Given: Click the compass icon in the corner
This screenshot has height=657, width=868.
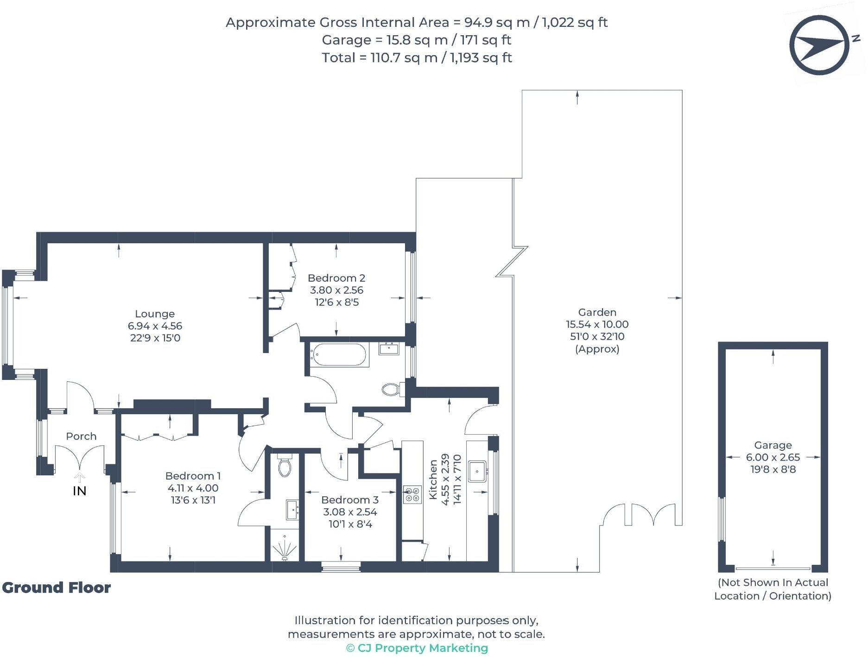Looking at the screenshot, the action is coord(819,45).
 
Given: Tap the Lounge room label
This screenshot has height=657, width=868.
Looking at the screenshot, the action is coord(155,314).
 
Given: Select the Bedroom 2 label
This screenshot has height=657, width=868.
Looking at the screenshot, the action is coord(336,278).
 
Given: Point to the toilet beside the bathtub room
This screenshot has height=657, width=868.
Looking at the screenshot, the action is coord(391,389).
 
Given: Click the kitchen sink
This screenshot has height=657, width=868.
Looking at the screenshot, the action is coord(477,471).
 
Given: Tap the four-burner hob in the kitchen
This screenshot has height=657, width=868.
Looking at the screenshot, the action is coord(412,494).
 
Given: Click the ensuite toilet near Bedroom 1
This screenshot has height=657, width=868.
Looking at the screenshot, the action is coord(285,466).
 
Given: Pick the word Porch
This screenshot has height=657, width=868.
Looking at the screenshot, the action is coord(81,436).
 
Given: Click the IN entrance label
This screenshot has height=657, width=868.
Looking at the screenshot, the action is coord(80,491).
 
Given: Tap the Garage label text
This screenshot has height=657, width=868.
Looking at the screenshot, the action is coord(773,445).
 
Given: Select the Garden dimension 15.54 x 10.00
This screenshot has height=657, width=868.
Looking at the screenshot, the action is coord(597,324).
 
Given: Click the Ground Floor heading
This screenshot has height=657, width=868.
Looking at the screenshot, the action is coord(57,588).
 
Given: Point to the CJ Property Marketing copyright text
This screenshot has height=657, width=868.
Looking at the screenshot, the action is coord(417,648).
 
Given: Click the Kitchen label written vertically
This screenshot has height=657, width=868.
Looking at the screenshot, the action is coord(433,479).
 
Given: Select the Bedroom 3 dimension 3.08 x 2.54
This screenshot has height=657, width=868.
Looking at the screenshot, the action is coord(350,512).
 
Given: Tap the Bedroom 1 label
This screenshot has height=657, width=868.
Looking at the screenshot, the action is coord(193,476).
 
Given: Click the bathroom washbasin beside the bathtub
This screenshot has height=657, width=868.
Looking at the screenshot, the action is coord(389,348).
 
